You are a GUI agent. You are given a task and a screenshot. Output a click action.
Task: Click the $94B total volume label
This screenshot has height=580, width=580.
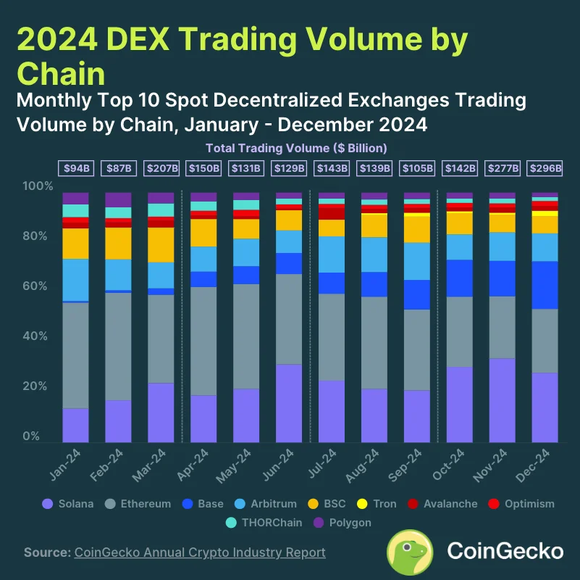point(75,168)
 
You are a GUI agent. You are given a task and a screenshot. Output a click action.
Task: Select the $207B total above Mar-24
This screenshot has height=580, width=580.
point(161,168)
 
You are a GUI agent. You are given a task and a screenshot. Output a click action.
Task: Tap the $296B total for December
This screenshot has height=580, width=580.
point(545,168)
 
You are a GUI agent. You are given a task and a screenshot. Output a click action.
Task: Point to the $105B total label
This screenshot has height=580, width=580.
point(417,168)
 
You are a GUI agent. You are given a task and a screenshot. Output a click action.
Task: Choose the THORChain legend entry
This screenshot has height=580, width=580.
point(266,522)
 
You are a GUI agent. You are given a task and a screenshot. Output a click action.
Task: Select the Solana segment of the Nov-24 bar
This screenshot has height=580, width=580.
point(503,400)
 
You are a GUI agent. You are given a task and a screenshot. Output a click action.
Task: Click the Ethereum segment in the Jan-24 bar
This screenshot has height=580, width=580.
point(75,355)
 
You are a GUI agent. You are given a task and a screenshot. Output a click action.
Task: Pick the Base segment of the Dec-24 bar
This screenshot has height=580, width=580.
point(545,285)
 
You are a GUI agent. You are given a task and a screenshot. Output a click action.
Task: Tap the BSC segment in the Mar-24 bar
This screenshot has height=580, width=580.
point(161,245)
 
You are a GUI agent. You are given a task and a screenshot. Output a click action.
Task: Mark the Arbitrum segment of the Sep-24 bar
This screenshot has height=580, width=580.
point(417,261)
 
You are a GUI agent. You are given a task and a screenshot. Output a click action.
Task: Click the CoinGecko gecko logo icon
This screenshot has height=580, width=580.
point(411,552)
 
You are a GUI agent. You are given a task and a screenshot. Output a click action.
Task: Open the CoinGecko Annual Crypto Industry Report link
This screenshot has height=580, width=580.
point(200,552)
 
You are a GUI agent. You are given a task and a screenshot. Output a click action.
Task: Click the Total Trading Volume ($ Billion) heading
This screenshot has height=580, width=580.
point(297,148)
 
